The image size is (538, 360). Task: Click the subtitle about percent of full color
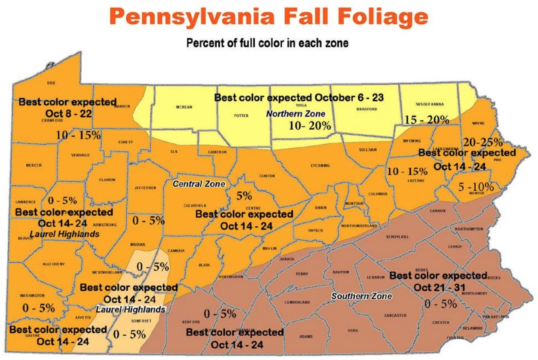pyautogui.click(x=267, y=44)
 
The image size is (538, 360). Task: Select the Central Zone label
pyautogui.click(x=199, y=184)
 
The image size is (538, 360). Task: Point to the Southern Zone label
pyautogui.click(x=362, y=296)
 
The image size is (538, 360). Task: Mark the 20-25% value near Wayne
pyautogui.click(x=483, y=142)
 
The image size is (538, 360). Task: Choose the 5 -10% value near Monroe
pyautogui.click(x=475, y=187)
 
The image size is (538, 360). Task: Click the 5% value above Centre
pyautogui.click(x=244, y=196)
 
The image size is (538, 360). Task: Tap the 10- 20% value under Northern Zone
pyautogui.click(x=310, y=126)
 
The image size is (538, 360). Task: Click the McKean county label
pyautogui.click(x=184, y=107)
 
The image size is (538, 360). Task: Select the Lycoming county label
pyautogui.click(x=320, y=166)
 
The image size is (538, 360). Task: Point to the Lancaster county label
pyautogui.click(x=395, y=315)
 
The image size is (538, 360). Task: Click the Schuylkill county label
pyautogui.click(x=397, y=237)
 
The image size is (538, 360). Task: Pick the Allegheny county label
pyautogui.click(x=53, y=264)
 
